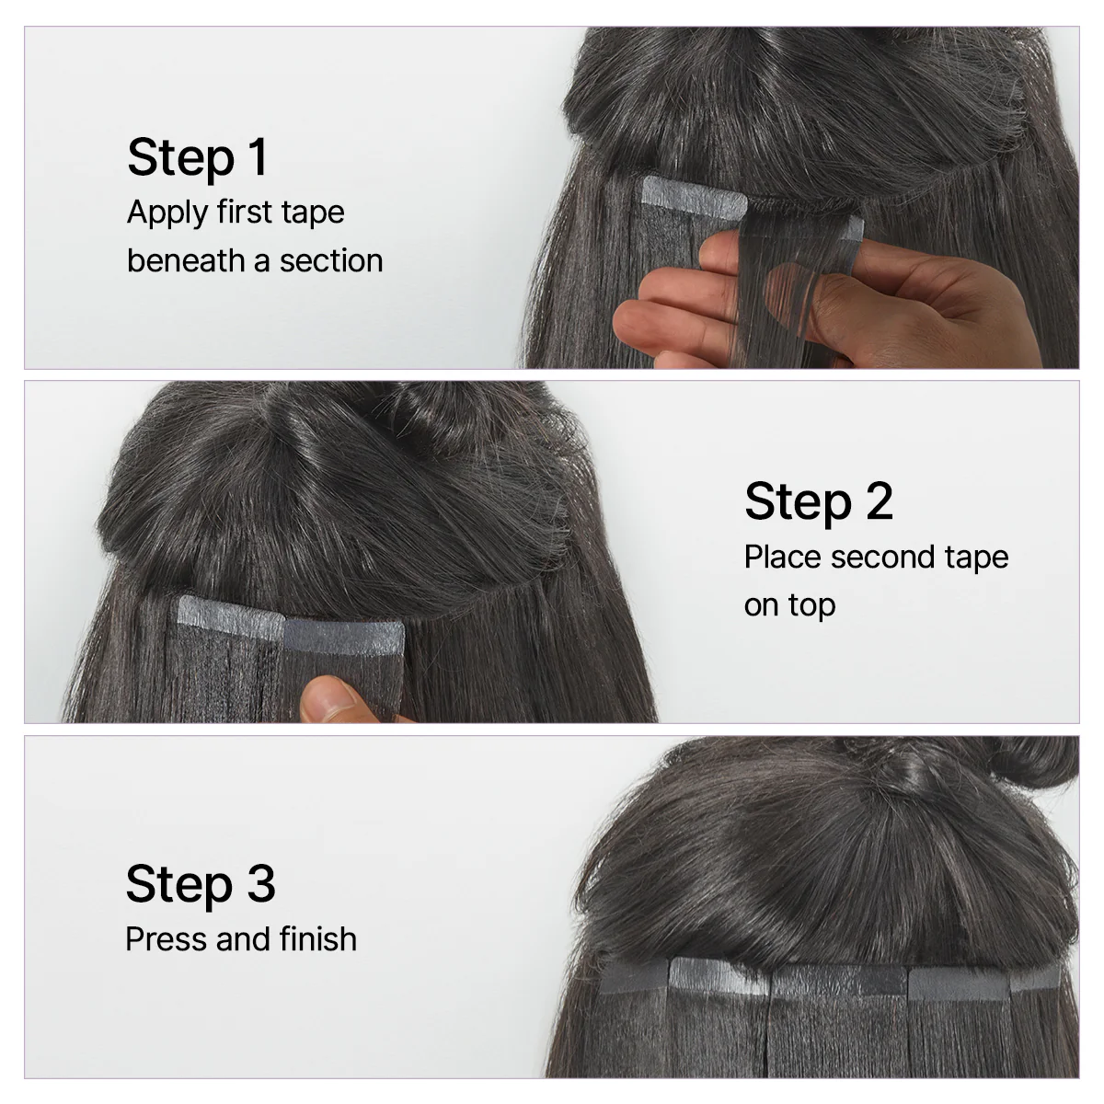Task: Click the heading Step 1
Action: click(x=197, y=157)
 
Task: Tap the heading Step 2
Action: click(x=818, y=502)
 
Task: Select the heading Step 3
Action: click(x=200, y=884)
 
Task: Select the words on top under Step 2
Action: click(x=789, y=605)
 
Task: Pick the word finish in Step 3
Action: click(x=313, y=939)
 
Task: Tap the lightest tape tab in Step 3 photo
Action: click(x=718, y=976)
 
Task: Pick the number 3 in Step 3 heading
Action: click(x=260, y=884)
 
